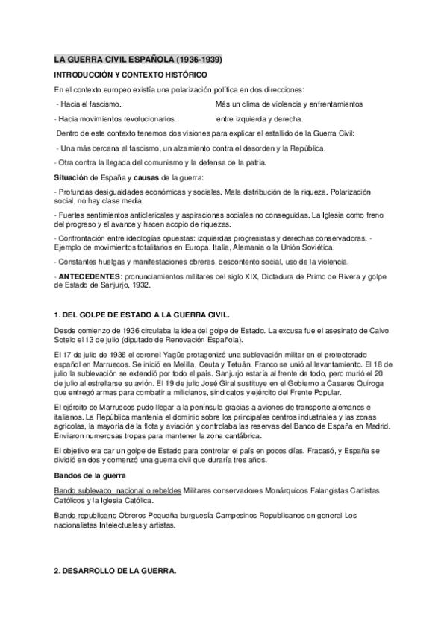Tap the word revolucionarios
coord(152,118)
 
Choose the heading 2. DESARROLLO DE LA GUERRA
coord(116,570)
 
